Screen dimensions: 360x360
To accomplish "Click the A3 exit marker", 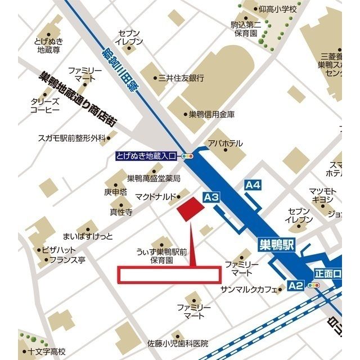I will coord(211,197).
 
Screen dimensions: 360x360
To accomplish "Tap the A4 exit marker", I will coord(253,184).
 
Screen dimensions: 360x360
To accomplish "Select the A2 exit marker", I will coord(296,286).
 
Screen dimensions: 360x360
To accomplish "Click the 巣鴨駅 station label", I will coord(277,245).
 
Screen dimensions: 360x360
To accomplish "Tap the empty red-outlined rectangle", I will coord(169,274).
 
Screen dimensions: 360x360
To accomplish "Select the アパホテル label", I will coord(225,143).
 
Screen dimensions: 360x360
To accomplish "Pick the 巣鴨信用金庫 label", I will coord(211,114).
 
